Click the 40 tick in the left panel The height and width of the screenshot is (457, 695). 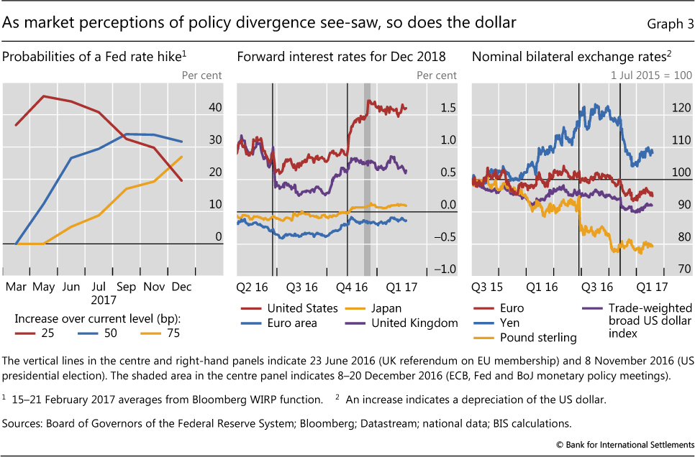click(214, 108)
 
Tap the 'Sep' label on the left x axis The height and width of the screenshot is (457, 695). click(127, 286)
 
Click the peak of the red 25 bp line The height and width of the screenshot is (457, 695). click(45, 96)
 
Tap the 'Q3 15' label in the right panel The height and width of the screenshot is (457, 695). click(487, 286)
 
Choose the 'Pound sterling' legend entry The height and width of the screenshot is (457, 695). click(536, 337)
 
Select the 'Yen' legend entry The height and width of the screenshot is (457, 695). click(509, 323)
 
